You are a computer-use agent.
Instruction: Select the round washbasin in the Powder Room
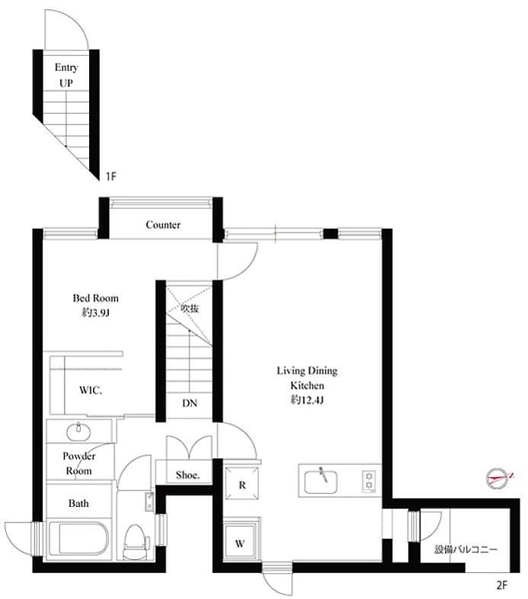78,431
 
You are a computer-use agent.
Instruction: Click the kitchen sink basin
321,482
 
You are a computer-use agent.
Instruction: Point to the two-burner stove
369,481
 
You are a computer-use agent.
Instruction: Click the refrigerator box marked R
242,482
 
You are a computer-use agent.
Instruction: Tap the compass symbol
498,479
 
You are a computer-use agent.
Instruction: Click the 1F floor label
110,177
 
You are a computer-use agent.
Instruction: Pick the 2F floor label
501,585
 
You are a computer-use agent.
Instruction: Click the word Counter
163,225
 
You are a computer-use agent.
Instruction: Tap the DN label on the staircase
190,403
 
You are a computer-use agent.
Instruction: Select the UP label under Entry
66,83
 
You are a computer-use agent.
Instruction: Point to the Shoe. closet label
187,476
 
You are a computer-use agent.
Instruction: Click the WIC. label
91,390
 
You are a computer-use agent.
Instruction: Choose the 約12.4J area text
307,400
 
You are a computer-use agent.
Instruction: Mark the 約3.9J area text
95,313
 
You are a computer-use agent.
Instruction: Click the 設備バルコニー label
466,549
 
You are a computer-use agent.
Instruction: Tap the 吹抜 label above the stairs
190,308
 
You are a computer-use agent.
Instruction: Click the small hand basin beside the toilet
149,501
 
